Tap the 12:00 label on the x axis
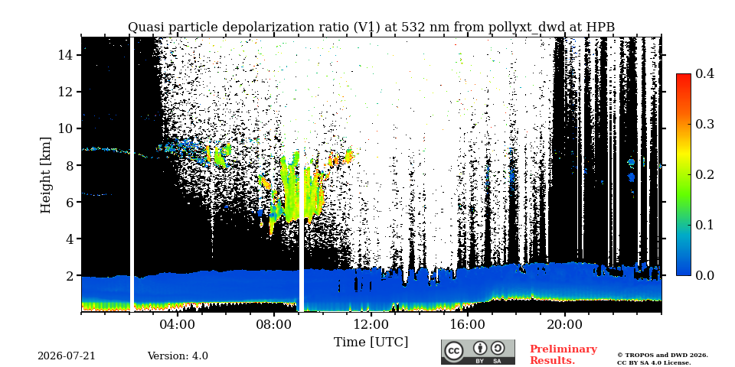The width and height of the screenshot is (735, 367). pos(371,325)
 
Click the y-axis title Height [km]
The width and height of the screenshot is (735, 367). pos(45,175)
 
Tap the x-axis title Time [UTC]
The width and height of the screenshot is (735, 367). pos(371,343)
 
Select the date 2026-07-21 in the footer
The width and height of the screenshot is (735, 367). pos(67,356)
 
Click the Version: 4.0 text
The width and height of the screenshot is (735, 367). pos(178,356)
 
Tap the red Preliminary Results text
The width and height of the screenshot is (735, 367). pos(563,355)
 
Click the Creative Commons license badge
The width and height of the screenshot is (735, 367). pos(478,352)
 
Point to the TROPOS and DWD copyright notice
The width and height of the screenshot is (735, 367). pos(662,359)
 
